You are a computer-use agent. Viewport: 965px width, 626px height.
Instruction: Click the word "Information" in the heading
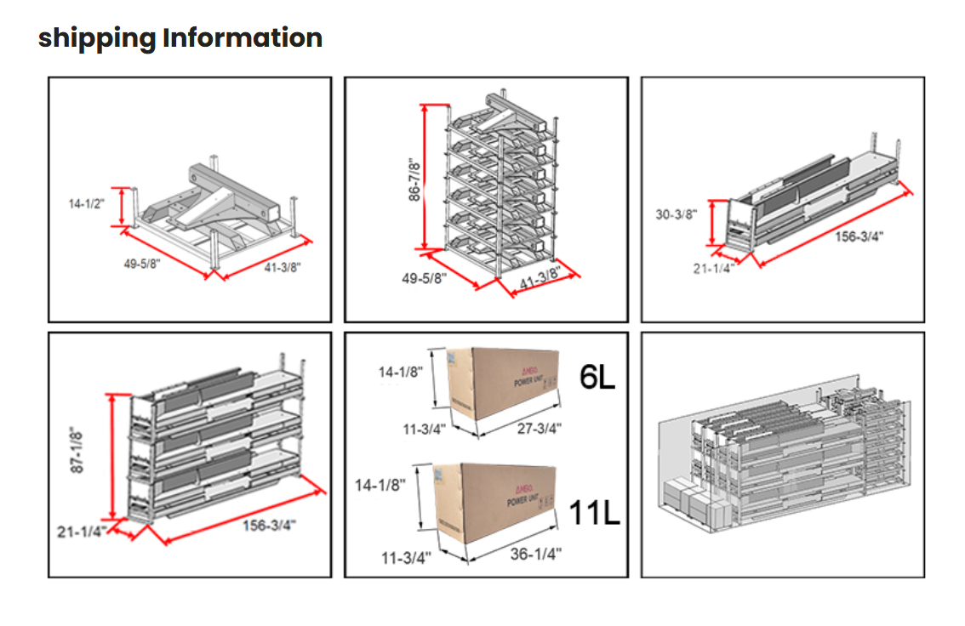(243, 38)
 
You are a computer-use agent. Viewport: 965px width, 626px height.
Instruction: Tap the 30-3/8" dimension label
(676, 215)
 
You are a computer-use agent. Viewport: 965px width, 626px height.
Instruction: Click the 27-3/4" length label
(540, 429)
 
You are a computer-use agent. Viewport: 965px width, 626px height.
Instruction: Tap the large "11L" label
(593, 513)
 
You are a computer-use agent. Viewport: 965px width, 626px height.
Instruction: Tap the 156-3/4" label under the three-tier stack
(269, 526)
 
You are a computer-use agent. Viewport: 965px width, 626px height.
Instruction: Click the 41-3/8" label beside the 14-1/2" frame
(283, 267)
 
